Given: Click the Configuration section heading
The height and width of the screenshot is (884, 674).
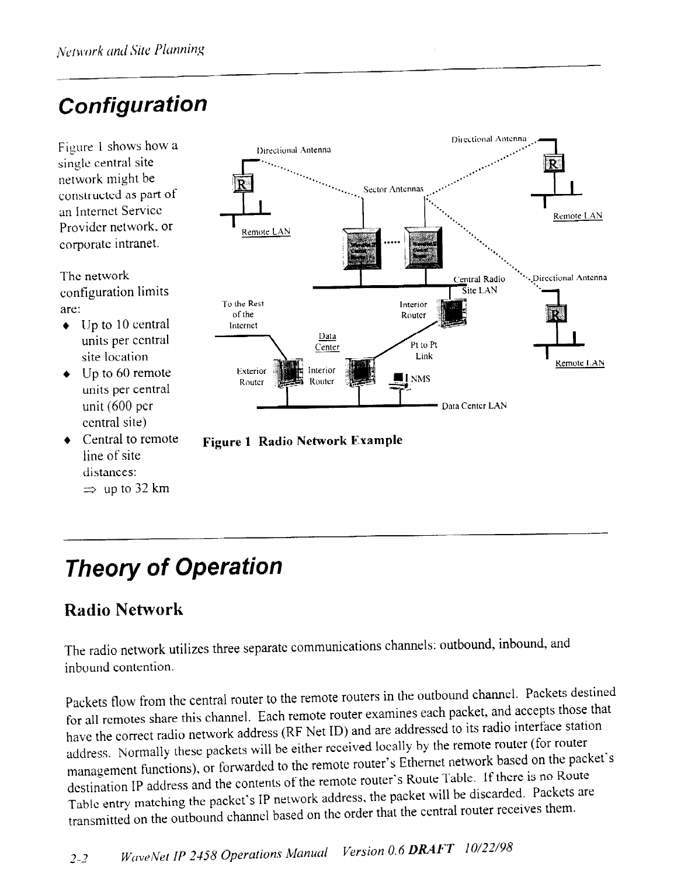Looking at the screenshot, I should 133,106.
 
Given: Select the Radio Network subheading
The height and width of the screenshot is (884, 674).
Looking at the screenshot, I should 124,610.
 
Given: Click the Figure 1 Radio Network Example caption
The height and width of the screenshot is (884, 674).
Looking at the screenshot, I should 303,441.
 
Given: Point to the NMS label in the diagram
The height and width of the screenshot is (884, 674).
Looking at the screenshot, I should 421,379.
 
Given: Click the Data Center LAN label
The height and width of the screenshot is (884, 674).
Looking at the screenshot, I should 474,405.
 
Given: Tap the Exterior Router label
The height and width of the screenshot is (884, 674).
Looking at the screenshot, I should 253,376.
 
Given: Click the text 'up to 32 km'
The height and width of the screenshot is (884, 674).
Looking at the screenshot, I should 136,488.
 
